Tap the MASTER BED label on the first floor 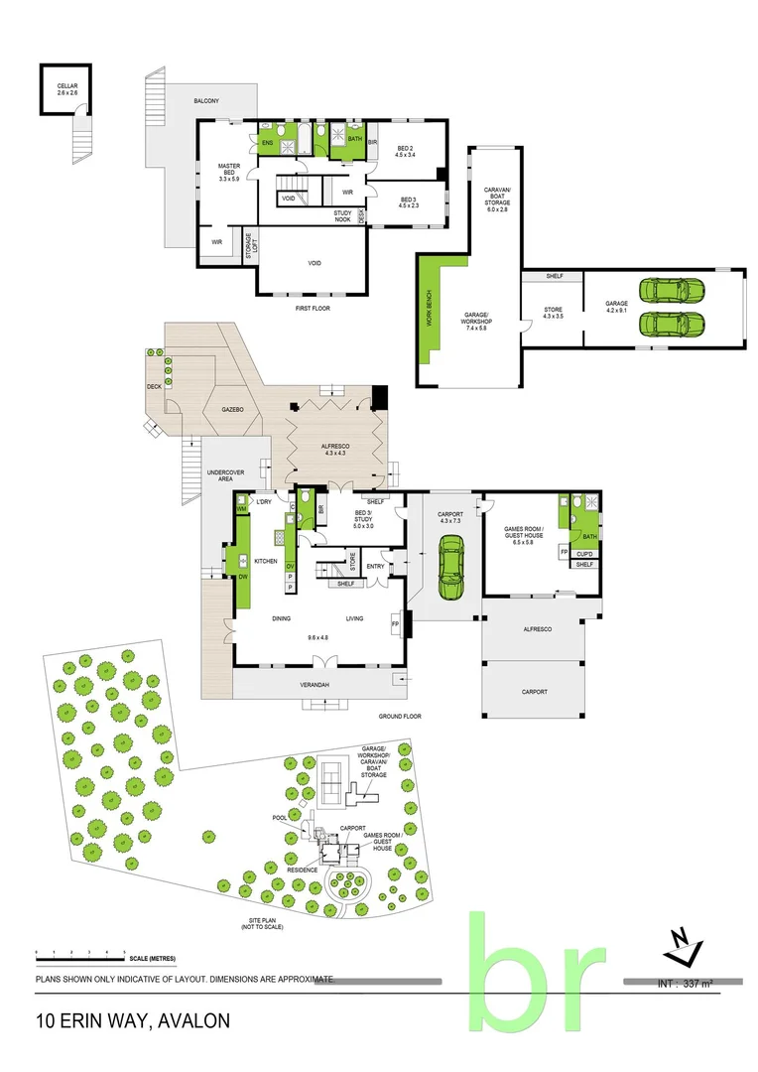(229, 171)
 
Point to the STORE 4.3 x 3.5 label (553, 313)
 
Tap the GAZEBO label (232, 409)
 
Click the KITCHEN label (265, 562)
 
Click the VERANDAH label (317, 685)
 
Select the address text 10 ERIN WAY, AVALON (133, 1020)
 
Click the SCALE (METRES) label (152, 958)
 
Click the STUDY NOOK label (343, 215)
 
